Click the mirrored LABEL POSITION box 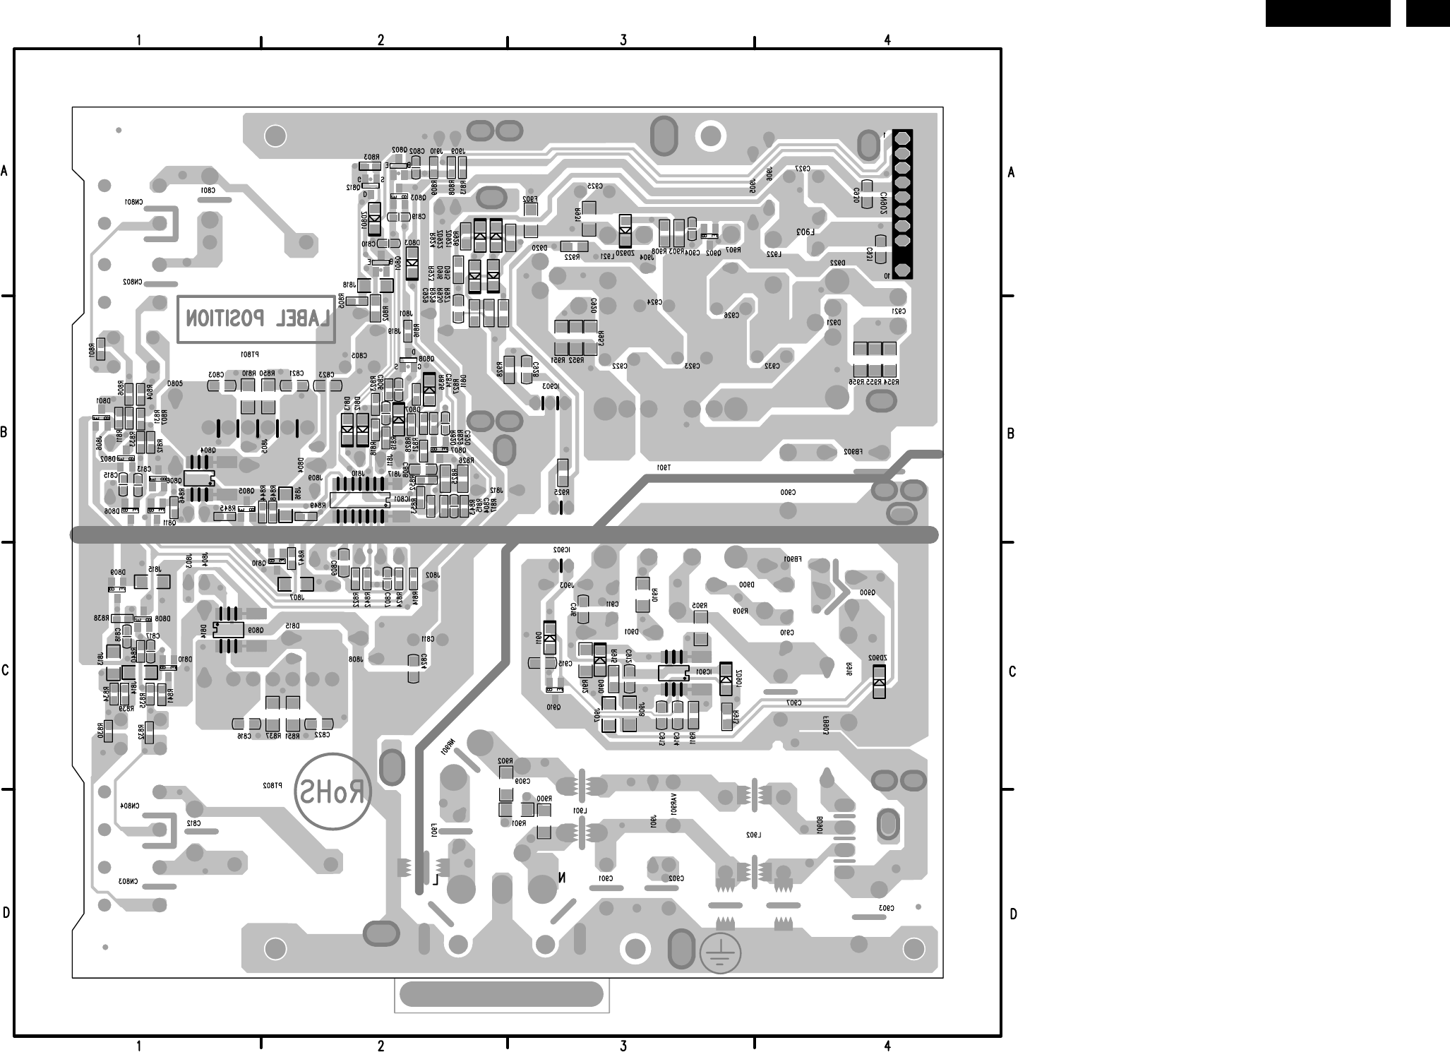point(256,319)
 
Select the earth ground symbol point(721,953)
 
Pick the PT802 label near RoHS point(272,785)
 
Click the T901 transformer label point(664,467)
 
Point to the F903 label point(805,232)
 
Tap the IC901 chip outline point(673,673)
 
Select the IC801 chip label point(402,499)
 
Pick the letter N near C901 point(561,878)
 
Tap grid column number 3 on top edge point(623,40)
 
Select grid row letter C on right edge point(1012,671)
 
